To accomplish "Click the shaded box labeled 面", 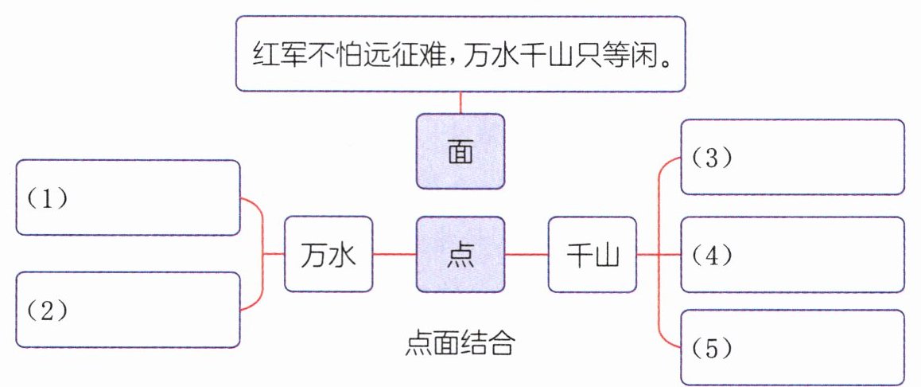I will (461, 151).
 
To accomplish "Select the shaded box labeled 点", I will (461, 255).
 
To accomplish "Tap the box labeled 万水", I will (328, 255).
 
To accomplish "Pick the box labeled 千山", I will (592, 255).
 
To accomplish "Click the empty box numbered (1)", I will (128, 197).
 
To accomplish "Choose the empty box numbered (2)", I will (128, 310).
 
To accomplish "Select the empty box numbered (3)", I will (793, 158).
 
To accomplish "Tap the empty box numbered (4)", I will (793, 255).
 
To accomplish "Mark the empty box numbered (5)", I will (793, 347).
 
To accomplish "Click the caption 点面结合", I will (461, 344).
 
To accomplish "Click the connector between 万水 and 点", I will (394, 255).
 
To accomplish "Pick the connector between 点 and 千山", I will (527, 255).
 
